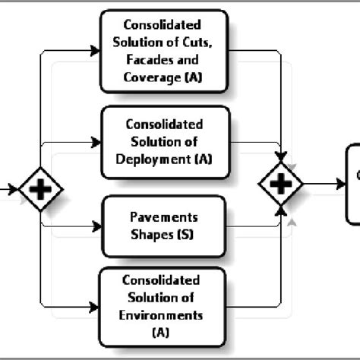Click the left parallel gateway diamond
coord(41,188)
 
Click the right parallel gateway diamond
coord(280,185)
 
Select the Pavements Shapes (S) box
coord(163,226)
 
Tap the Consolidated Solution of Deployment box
coord(163,142)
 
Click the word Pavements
coord(163,218)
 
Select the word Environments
coord(163,314)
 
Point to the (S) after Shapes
coord(185,235)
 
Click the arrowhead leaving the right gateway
coord(339,185)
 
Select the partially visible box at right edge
coord(352,185)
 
